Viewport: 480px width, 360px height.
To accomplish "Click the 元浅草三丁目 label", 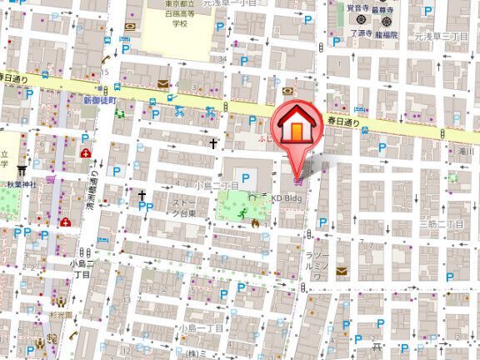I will tap(444, 36).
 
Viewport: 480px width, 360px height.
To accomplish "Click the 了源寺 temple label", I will tap(360, 34).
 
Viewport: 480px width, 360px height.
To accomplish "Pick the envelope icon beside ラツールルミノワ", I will tap(342, 272).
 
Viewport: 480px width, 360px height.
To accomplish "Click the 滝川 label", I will tap(465, 152).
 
